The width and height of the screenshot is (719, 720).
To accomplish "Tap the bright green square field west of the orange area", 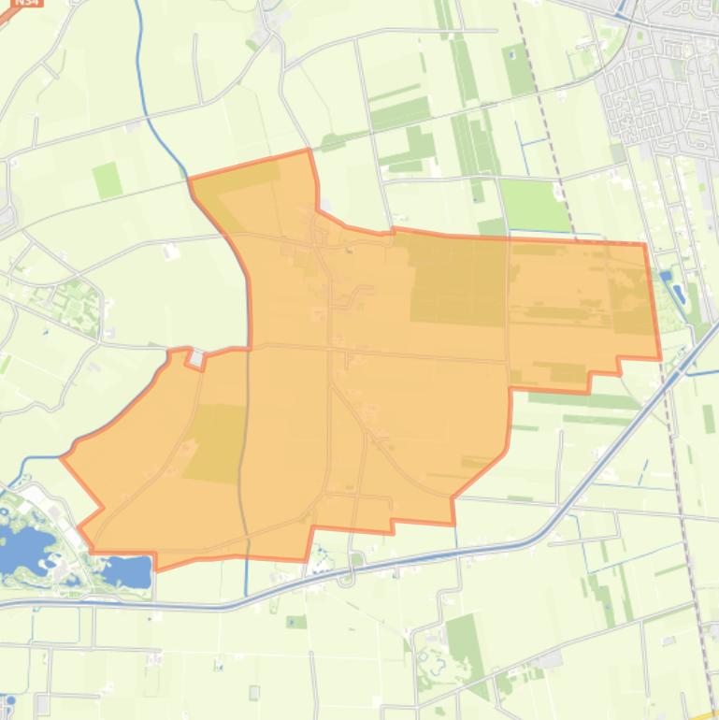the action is [107, 179].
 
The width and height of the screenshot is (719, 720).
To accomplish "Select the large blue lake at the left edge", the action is [19, 547].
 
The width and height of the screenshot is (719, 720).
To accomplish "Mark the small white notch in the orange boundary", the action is [196, 358].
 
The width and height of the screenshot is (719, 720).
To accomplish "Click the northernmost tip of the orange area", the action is [308, 150].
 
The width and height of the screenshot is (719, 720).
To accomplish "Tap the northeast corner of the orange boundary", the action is [644, 245].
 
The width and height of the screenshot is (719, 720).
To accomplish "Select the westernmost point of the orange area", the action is [63, 457].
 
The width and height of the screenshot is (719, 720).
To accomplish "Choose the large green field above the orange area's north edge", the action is [535, 204].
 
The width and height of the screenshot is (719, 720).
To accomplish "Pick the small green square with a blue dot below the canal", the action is [296, 622].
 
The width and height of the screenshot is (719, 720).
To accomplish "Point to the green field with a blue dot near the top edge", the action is [517, 65].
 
